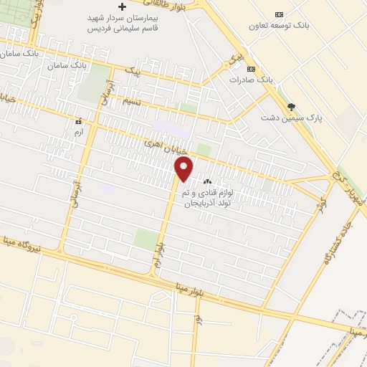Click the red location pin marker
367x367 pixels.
[184, 169]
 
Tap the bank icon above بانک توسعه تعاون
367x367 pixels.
[279, 14]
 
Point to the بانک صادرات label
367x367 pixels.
[253, 79]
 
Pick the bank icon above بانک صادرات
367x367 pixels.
[250, 68]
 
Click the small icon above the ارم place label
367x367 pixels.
[78, 122]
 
